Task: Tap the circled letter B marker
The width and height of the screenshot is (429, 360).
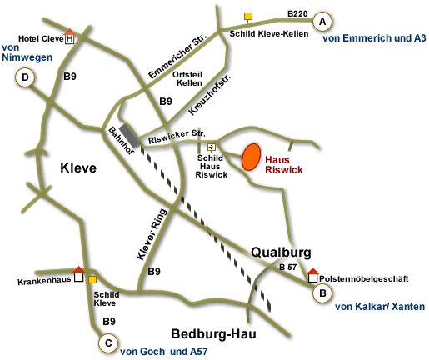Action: (x=319, y=293)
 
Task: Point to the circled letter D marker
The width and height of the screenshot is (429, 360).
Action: (x=26, y=78)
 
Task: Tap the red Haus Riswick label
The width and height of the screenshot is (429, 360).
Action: (x=283, y=163)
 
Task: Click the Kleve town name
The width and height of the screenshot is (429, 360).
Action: (x=78, y=168)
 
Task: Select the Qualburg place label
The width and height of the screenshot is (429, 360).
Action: (x=281, y=252)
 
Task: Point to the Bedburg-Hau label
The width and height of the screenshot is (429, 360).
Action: (x=214, y=334)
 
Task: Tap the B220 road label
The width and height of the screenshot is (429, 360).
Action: (x=297, y=13)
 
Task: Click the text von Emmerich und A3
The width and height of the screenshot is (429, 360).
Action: (x=374, y=38)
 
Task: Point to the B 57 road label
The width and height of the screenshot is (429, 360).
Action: (x=287, y=267)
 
